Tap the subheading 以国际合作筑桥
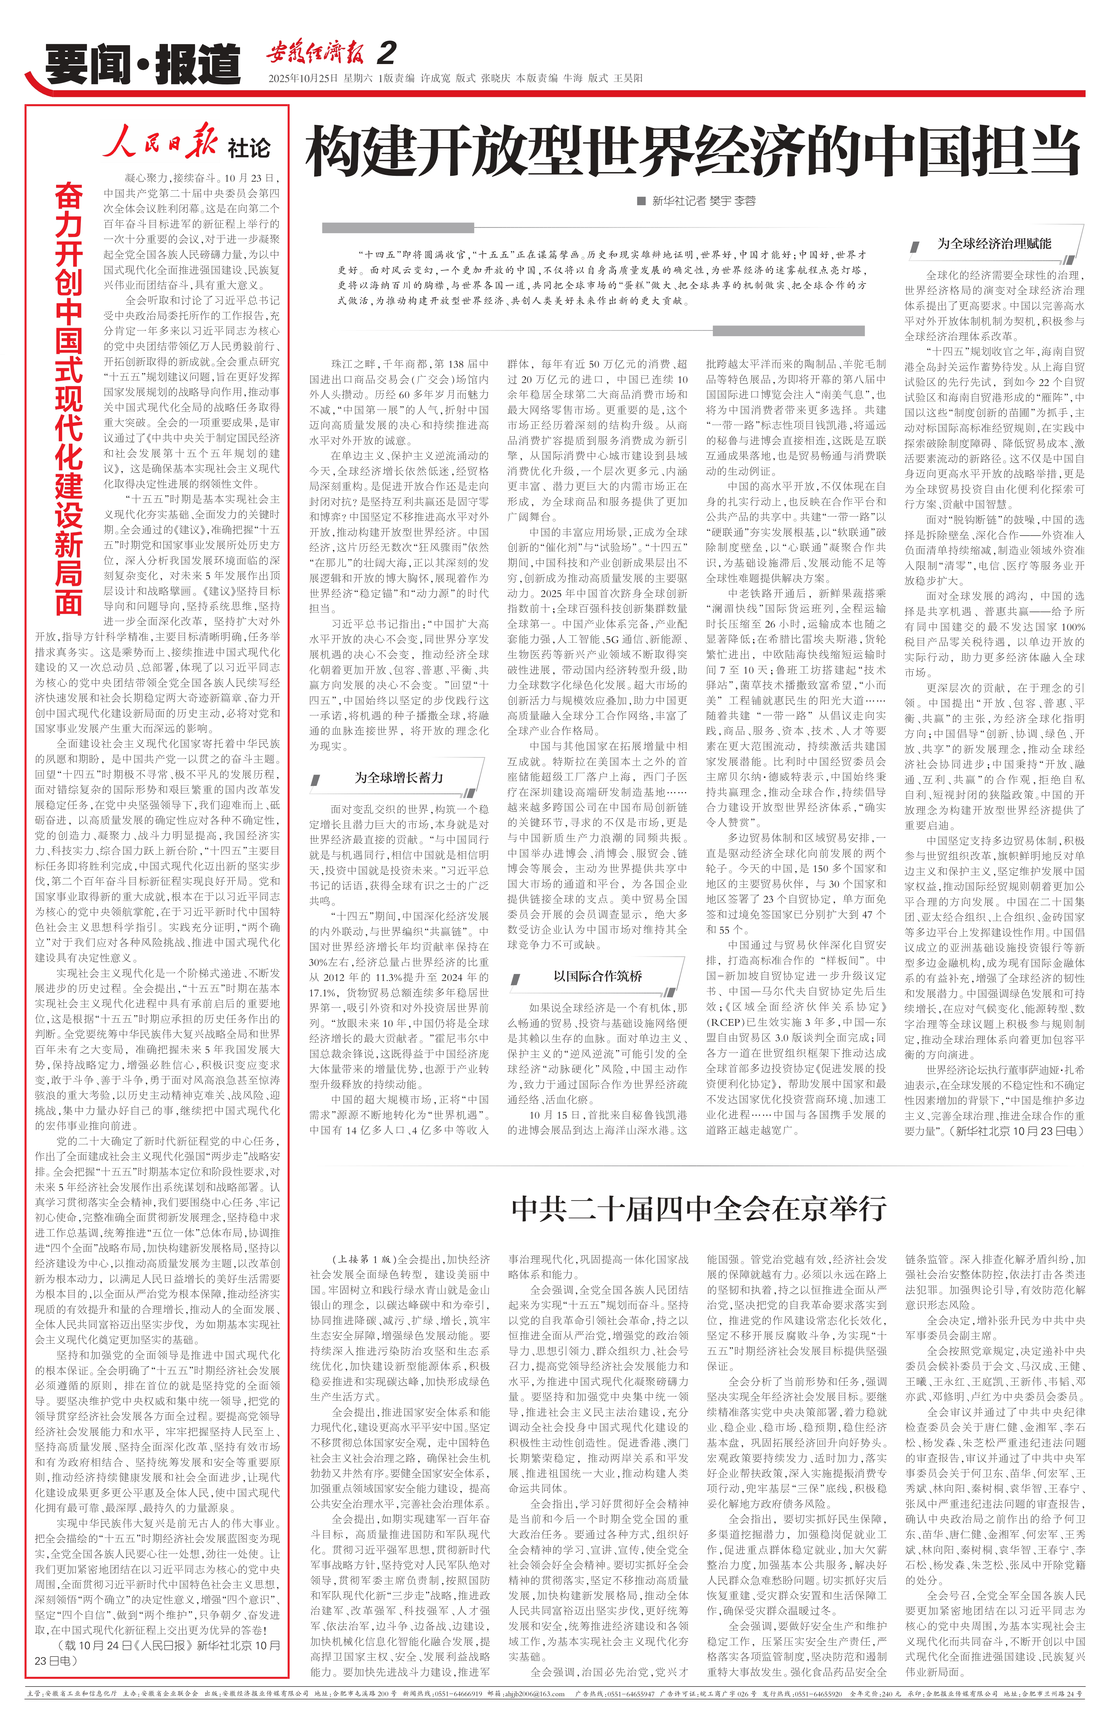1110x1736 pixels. (x=598, y=976)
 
